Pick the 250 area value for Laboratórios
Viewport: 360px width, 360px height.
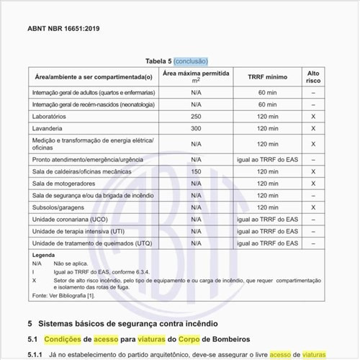[x=196, y=115]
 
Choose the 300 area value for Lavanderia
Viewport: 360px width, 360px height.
[x=196, y=127]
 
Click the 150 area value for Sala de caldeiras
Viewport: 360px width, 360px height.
[x=196, y=172]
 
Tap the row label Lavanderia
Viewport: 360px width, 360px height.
[x=52, y=127]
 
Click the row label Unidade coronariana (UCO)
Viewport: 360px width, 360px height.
[x=71, y=218]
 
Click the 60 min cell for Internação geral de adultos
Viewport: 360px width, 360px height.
[x=267, y=93]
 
